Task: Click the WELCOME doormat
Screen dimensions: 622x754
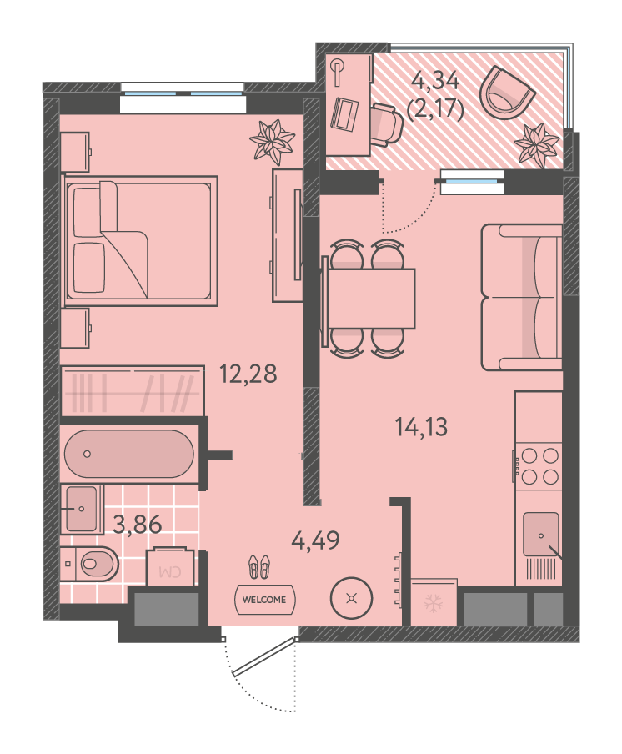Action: point(264,599)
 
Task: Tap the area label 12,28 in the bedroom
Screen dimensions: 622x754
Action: point(248,374)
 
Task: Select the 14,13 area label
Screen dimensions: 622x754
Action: point(421,426)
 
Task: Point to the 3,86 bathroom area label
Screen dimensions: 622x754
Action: point(137,524)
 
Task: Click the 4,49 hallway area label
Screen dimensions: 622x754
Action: point(316,540)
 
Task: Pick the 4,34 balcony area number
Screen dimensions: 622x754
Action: point(436,80)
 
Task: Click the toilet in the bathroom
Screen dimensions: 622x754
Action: point(90,563)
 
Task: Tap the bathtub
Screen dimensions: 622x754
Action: point(129,454)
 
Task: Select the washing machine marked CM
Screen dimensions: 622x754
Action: point(170,566)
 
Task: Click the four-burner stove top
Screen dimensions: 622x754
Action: point(539,465)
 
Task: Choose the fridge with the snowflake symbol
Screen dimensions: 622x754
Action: point(434,602)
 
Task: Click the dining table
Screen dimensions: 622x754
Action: point(370,299)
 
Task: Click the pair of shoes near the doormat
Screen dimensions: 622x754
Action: point(259,566)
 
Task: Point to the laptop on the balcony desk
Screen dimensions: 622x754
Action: point(344,113)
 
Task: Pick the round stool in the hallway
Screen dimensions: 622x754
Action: point(352,598)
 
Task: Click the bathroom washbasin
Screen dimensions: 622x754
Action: point(81,508)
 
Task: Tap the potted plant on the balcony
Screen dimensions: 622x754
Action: point(536,145)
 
